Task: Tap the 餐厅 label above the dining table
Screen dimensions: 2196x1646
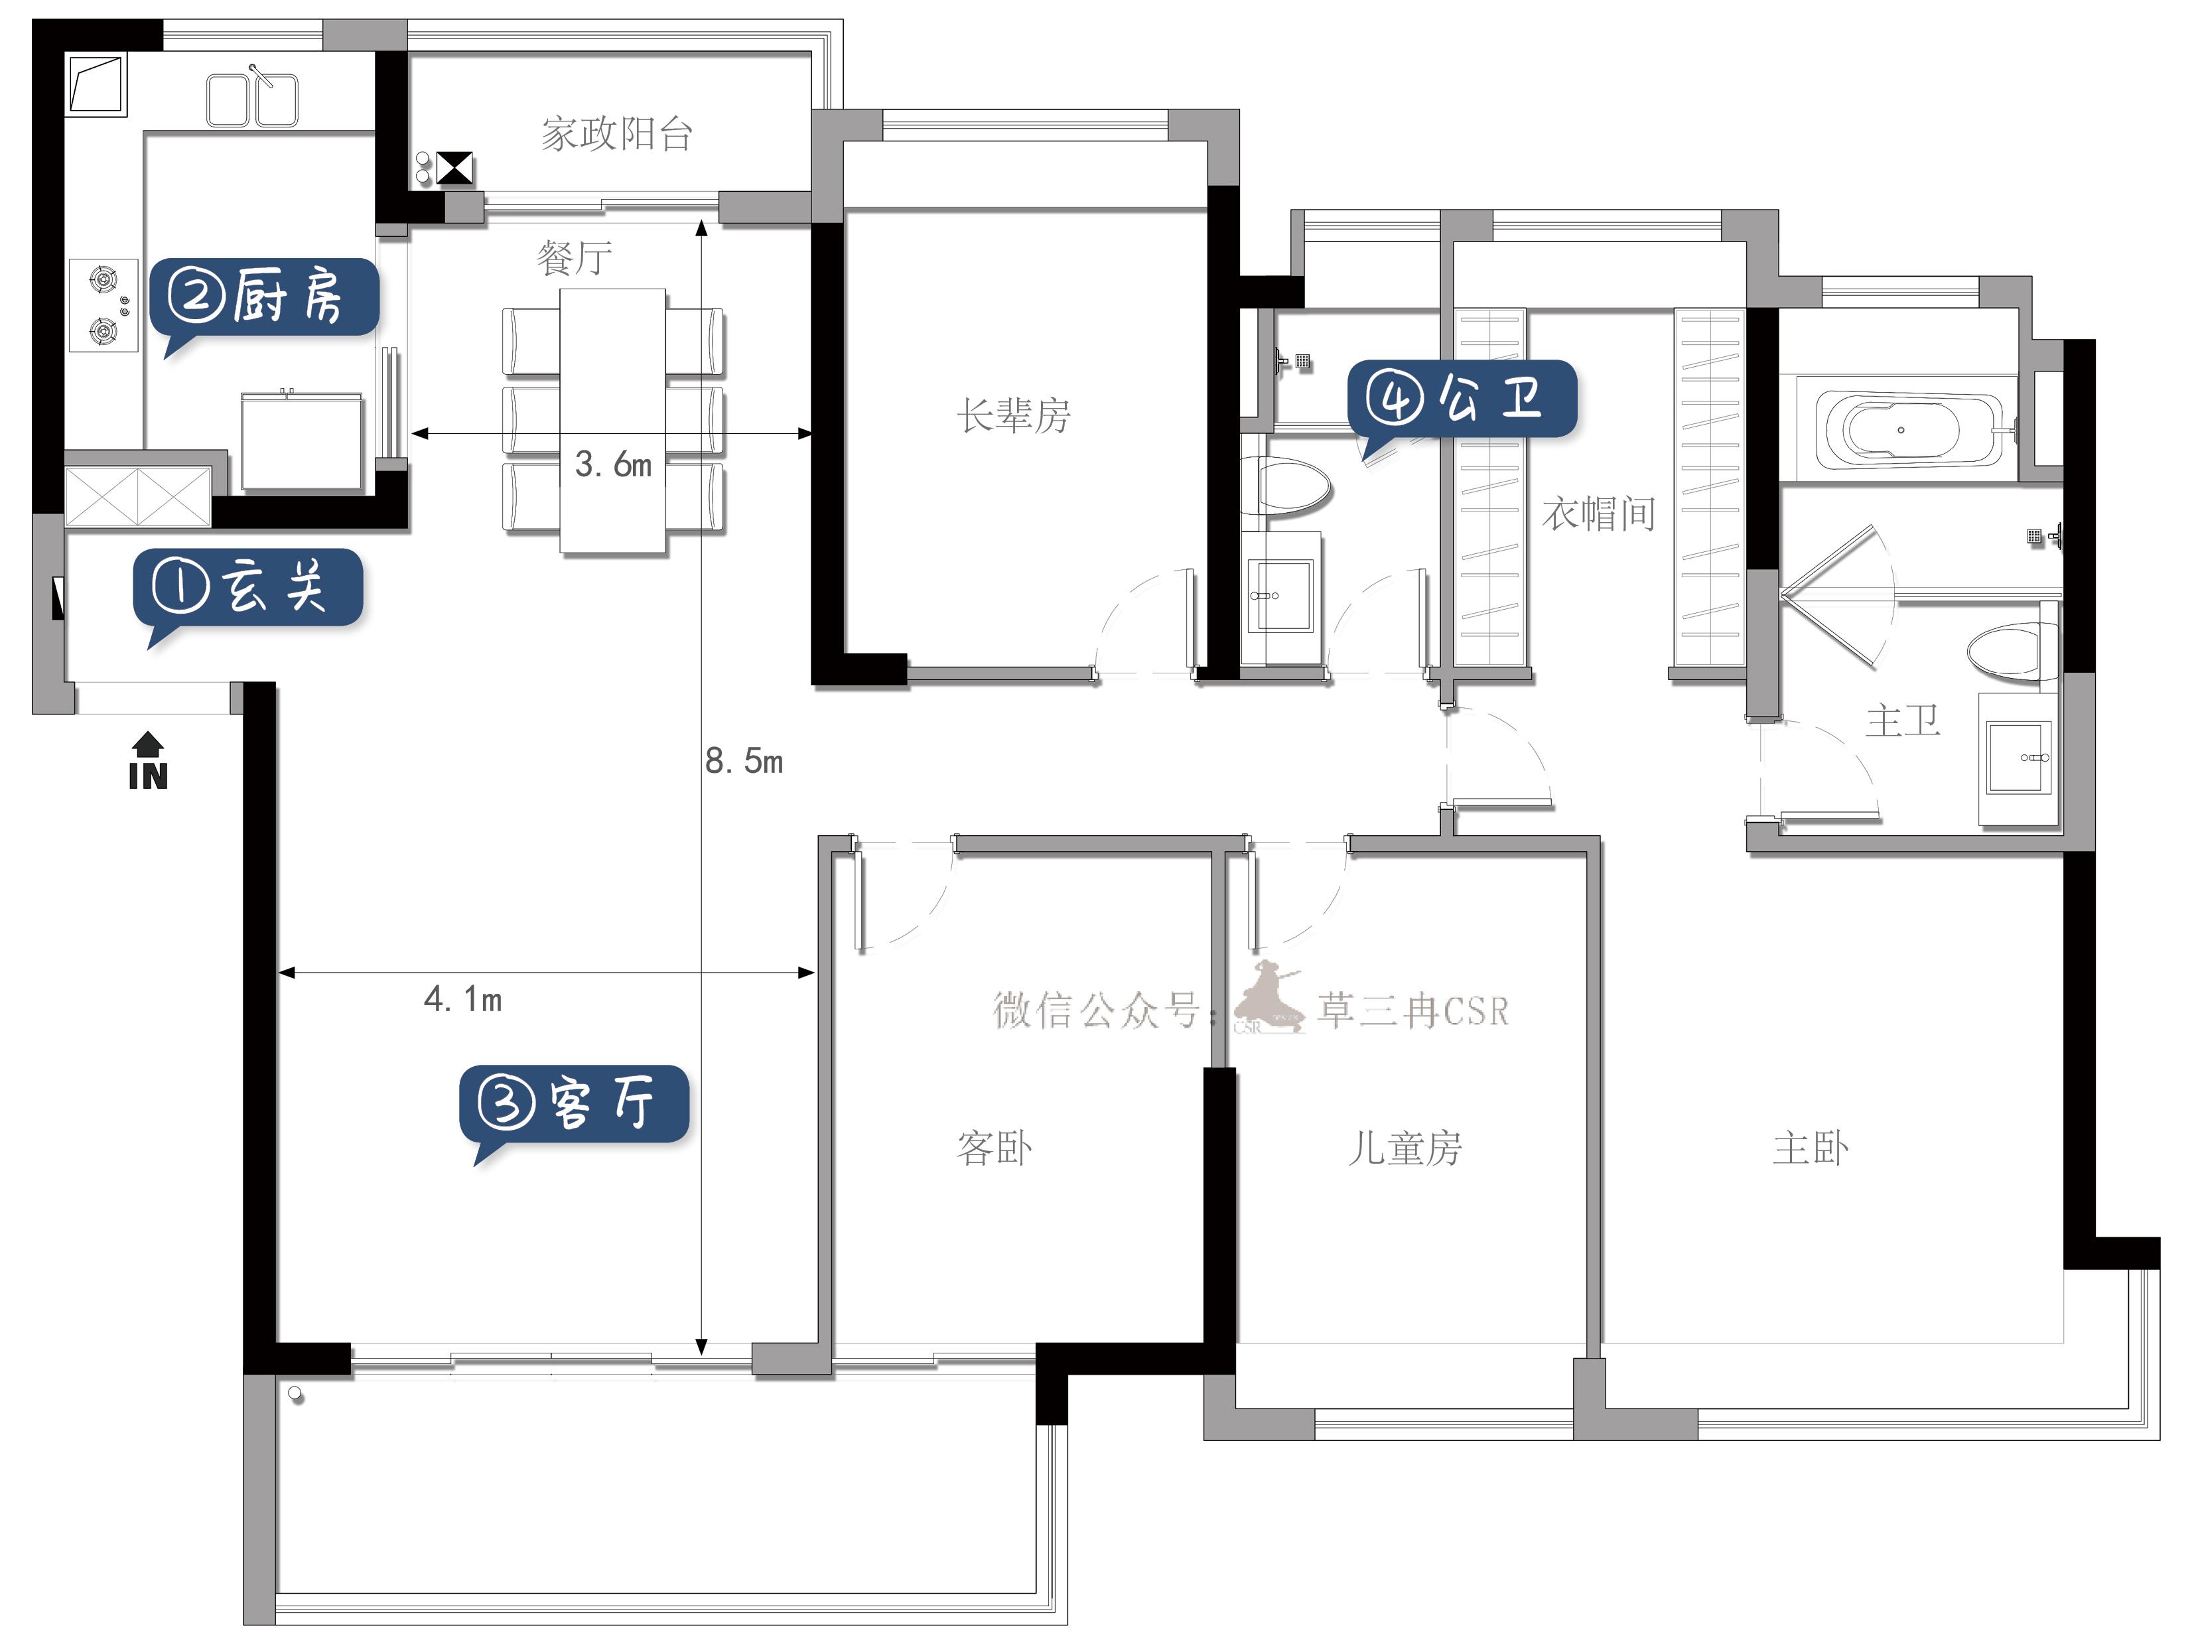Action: pyautogui.click(x=574, y=258)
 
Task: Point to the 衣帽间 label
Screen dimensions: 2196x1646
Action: pyautogui.click(x=1598, y=514)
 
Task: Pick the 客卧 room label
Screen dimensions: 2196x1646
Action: pyautogui.click(x=994, y=1148)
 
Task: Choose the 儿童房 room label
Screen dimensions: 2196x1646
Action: pyautogui.click(x=1404, y=1148)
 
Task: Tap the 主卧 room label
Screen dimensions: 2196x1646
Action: pyautogui.click(x=1811, y=1148)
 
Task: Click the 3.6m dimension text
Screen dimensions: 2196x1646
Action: pyautogui.click(x=614, y=464)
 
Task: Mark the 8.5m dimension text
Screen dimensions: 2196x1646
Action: pyautogui.click(x=744, y=762)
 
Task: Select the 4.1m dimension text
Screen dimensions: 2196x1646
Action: pyautogui.click(x=462, y=998)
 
